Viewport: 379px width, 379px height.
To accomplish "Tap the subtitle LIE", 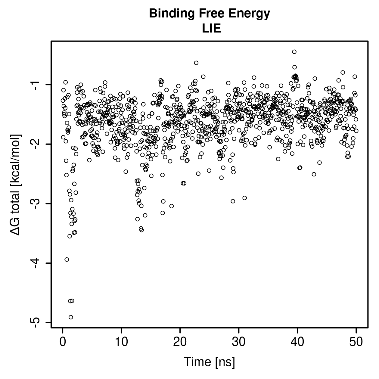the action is tap(212, 28).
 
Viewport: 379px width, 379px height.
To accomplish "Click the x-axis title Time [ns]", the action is tap(210, 362).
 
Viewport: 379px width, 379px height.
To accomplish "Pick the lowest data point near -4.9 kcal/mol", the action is tap(71, 317).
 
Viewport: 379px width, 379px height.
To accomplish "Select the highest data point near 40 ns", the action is tap(294, 52).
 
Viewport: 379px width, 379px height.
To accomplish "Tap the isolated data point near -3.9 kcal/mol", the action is tap(67, 259).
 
